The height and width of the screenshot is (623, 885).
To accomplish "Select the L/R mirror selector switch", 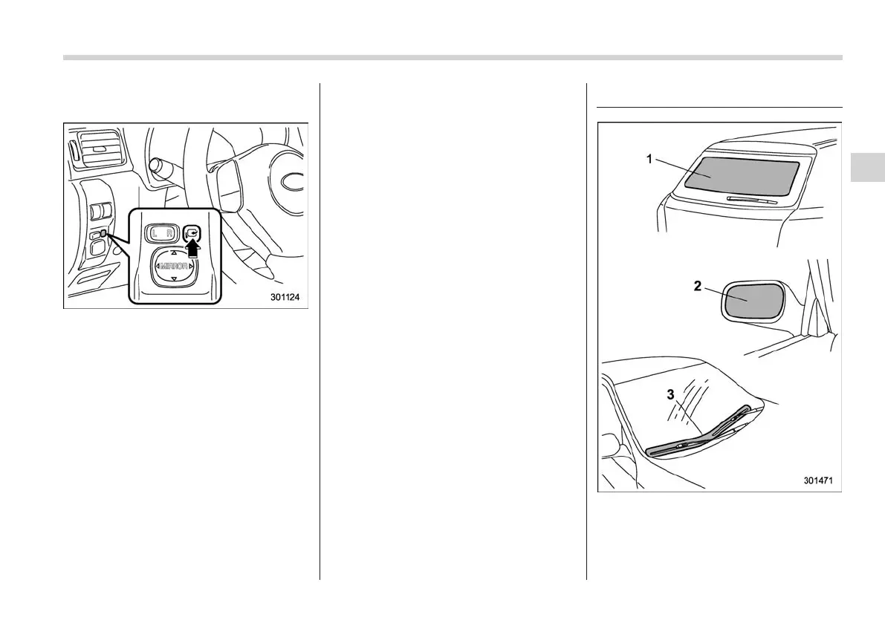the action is click(x=161, y=235).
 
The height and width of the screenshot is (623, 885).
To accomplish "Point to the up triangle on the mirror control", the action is click(x=174, y=252).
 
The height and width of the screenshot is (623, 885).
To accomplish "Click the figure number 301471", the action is click(x=817, y=480).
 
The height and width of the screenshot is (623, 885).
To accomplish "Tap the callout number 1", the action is click(x=649, y=159).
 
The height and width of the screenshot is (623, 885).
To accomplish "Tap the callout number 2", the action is click(x=697, y=286).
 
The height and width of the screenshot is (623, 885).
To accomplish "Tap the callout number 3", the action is click(x=670, y=395).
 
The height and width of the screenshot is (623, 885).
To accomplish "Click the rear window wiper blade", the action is click(x=753, y=200).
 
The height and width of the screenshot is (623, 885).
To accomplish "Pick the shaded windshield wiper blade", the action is click(x=698, y=432).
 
